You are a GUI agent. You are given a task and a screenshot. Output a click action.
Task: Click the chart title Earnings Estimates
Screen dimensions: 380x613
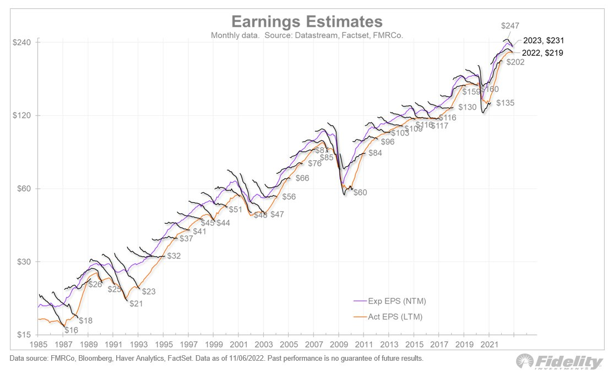tap(306, 21)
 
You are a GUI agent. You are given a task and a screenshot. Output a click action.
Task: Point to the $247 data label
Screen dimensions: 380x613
tap(511, 26)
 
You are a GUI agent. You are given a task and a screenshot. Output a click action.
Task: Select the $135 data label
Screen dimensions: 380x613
tap(505, 103)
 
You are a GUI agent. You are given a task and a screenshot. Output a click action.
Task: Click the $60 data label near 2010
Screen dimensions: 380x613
tap(360, 193)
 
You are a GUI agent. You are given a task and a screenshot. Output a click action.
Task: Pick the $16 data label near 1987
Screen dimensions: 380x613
tap(72, 330)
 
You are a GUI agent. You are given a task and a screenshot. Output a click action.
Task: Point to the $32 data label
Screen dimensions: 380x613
tap(173, 256)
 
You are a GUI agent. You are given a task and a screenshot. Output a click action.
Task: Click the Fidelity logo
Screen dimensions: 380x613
tap(560, 362)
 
